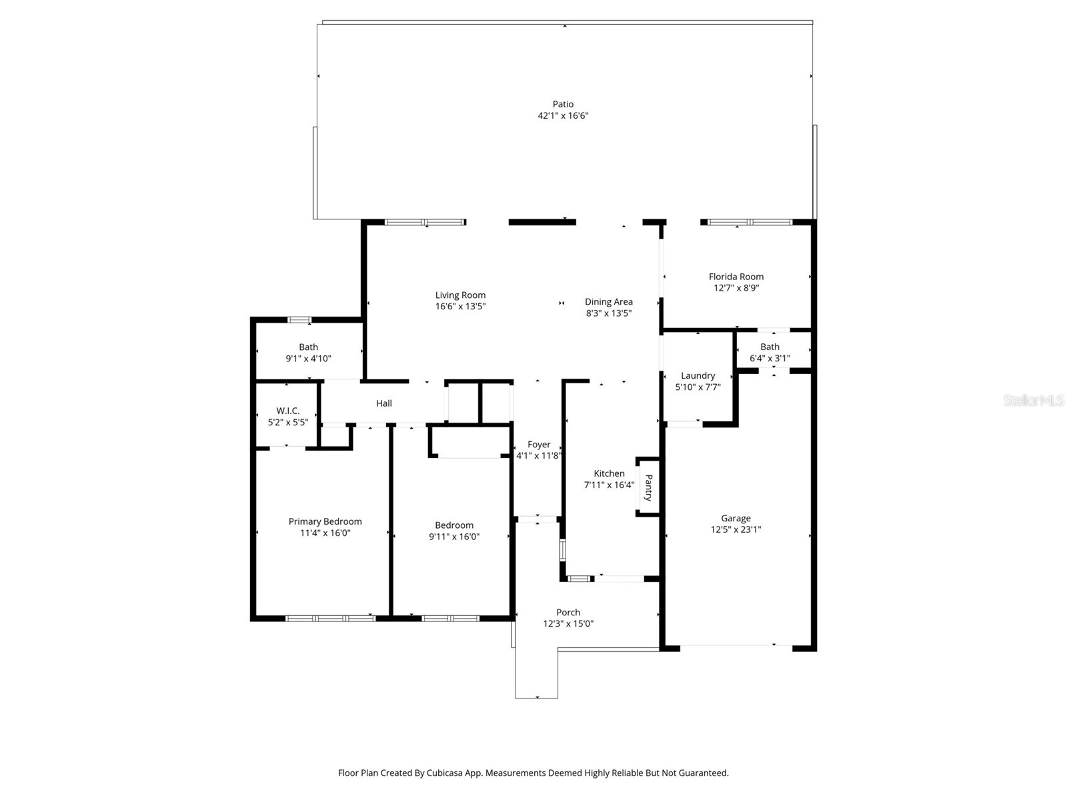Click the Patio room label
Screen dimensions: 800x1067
click(563, 104)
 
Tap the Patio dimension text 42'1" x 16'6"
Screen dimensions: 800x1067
click(563, 115)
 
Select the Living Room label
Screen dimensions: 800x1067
click(460, 295)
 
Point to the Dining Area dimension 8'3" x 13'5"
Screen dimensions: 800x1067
click(608, 313)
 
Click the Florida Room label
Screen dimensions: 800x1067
click(736, 277)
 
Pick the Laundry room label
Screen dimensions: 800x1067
click(698, 375)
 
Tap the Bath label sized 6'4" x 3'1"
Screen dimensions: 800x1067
click(770, 347)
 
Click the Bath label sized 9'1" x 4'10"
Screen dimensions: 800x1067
click(308, 347)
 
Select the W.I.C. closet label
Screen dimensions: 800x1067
click(288, 411)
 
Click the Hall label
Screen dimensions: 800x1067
click(383, 403)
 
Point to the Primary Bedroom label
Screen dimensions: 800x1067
click(325, 521)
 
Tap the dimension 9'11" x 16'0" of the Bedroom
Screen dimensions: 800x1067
click(453, 537)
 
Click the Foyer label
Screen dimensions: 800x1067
click(539, 445)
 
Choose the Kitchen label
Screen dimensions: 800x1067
click(609, 473)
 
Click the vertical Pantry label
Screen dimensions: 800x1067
click(648, 487)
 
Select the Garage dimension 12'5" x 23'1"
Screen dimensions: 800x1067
click(736, 529)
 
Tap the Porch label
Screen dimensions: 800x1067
click(568, 612)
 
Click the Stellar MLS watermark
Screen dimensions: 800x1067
click(1034, 401)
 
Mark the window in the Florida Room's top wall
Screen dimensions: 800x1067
click(750, 222)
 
